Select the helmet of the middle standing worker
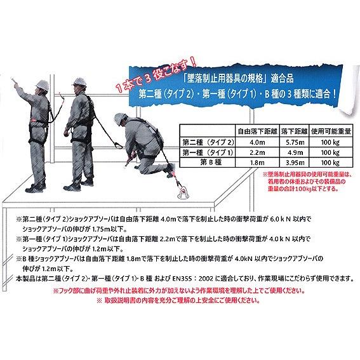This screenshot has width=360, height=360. point(81,78)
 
